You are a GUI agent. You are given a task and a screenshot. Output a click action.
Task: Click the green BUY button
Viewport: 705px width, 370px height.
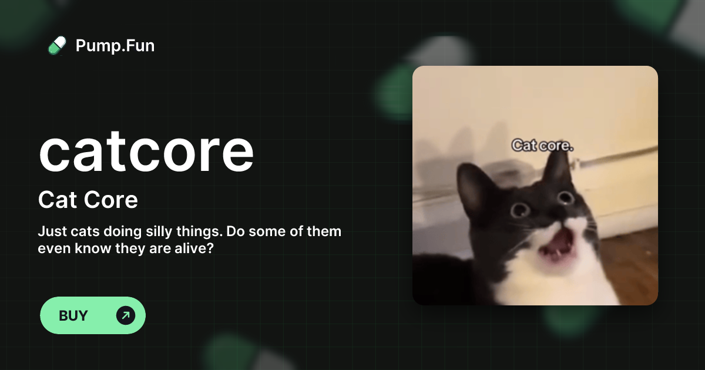click(92, 315)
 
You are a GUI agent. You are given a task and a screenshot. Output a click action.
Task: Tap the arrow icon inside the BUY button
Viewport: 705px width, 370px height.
click(126, 315)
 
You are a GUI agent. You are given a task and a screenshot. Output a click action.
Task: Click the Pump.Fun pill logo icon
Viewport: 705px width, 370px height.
click(57, 45)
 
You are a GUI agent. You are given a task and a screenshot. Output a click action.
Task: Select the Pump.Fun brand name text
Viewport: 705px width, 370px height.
click(115, 45)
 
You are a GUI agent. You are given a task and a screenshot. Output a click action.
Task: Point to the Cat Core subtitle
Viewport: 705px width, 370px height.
click(88, 200)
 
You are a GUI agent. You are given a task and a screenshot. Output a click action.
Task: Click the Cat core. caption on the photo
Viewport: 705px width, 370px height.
click(542, 144)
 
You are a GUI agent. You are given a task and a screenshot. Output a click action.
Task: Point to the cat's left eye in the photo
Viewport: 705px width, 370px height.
click(519, 210)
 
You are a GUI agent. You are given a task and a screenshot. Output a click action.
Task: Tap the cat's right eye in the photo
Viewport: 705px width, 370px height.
click(566, 198)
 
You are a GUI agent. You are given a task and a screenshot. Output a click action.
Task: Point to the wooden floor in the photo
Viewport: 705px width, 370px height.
click(632, 258)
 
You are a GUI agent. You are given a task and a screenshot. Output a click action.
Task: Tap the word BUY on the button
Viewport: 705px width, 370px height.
click(73, 315)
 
